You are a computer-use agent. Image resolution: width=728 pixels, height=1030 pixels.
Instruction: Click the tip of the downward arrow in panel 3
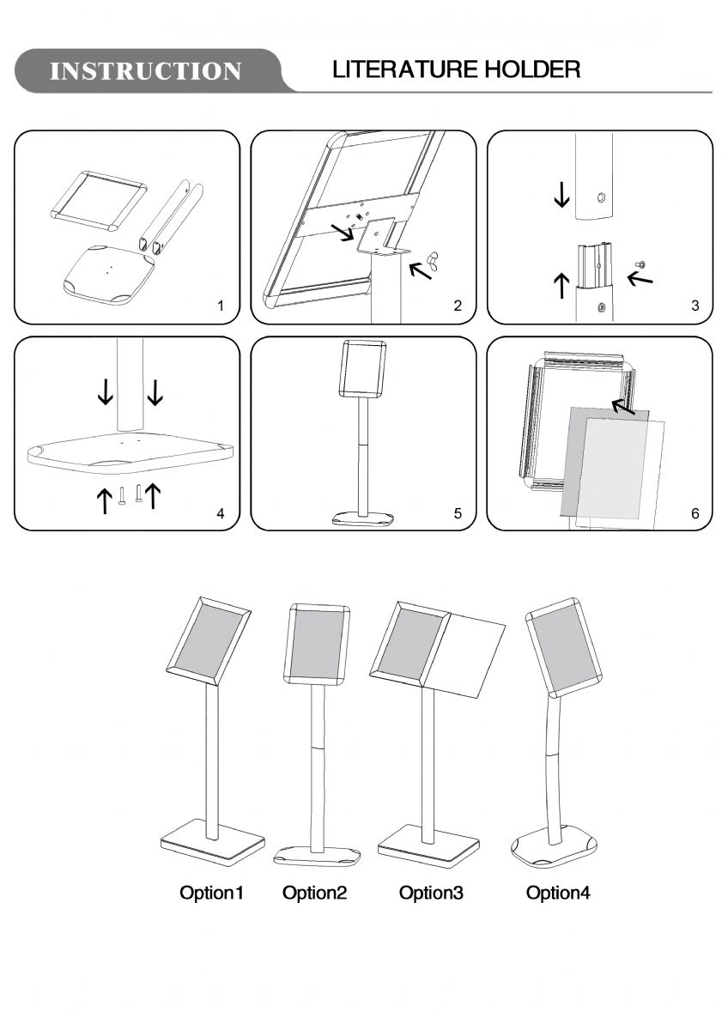(x=561, y=207)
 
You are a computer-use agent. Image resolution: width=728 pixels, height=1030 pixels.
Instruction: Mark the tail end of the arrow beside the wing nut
(x=431, y=278)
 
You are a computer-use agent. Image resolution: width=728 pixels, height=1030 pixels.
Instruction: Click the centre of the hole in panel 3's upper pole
(x=601, y=197)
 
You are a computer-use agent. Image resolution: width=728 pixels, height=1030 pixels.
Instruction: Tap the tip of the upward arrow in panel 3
(x=561, y=273)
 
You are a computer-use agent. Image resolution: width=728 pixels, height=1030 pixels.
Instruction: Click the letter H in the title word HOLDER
(x=494, y=70)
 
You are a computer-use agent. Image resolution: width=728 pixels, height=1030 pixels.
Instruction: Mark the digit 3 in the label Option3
(x=458, y=893)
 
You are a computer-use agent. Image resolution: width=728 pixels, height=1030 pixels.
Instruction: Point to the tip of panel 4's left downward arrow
(x=106, y=404)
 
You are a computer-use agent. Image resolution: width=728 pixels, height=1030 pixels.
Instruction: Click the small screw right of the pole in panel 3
(x=640, y=264)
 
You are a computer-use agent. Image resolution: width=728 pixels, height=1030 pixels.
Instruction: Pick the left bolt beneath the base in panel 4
(x=121, y=496)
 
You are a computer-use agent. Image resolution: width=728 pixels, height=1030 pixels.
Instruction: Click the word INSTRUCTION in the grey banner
(x=145, y=70)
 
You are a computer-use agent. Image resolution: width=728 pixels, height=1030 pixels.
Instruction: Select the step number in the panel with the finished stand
(x=457, y=513)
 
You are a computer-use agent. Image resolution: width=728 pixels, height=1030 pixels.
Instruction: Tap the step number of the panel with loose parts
(x=221, y=306)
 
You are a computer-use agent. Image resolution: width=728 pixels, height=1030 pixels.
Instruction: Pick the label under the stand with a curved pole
(x=557, y=893)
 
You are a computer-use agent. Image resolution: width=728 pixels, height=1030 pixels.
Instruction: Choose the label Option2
(x=314, y=893)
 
